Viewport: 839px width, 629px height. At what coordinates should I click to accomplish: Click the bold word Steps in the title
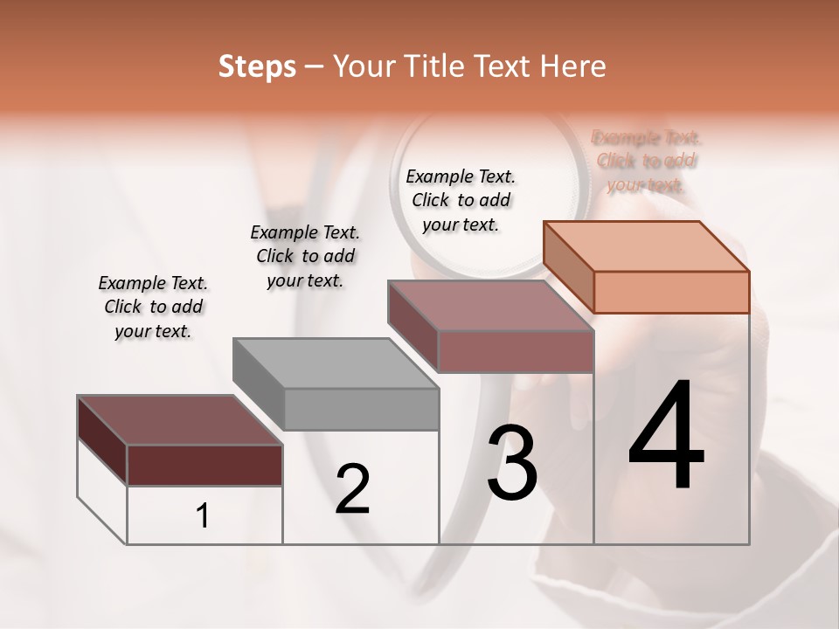[257, 66]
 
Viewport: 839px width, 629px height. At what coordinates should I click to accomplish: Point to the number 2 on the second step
[352, 489]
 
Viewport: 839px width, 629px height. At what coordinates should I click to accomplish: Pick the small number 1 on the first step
[203, 516]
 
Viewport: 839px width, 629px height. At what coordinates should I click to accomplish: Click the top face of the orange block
[647, 245]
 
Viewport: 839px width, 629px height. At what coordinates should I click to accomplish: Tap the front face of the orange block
[671, 292]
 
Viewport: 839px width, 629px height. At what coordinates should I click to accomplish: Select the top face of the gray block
[336, 362]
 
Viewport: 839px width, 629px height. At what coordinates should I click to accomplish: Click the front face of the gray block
[361, 409]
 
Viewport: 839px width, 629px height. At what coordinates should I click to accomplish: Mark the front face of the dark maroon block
[205, 465]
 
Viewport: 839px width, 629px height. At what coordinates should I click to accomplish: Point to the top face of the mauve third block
[490, 304]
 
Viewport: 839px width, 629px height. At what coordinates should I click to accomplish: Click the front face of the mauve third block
[516, 351]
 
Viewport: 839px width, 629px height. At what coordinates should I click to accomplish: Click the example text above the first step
[153, 307]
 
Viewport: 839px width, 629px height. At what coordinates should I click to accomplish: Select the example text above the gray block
[305, 256]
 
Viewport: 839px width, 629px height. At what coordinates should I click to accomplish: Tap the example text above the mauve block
[461, 200]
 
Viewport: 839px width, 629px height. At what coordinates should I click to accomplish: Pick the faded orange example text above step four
[647, 161]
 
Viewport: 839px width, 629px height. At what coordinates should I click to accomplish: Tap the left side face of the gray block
[259, 384]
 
